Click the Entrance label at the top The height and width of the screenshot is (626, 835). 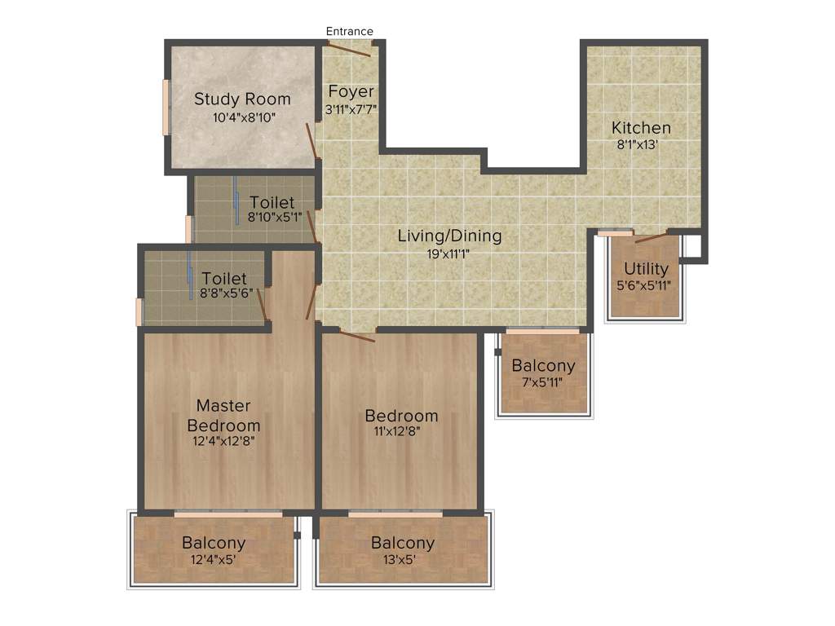pos(349,32)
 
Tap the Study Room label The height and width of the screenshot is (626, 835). pos(242,99)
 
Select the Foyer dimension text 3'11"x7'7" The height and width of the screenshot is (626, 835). pos(351,108)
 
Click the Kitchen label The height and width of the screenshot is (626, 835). pos(641,128)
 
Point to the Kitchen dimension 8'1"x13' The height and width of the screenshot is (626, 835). pos(637,145)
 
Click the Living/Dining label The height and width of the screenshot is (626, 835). pos(449,236)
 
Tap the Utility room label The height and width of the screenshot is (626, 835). pos(646,269)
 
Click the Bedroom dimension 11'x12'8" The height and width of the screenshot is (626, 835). pos(398,432)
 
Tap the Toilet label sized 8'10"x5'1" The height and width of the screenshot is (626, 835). pos(272,202)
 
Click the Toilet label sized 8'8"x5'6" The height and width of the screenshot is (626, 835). pos(224,279)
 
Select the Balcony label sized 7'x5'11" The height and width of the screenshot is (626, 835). pos(543,366)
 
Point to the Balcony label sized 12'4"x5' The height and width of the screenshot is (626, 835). pos(214,543)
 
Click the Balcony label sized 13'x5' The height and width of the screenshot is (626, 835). pos(403,543)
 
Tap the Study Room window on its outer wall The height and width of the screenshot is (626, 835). pos(166,107)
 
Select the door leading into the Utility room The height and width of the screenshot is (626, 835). pos(652,238)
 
